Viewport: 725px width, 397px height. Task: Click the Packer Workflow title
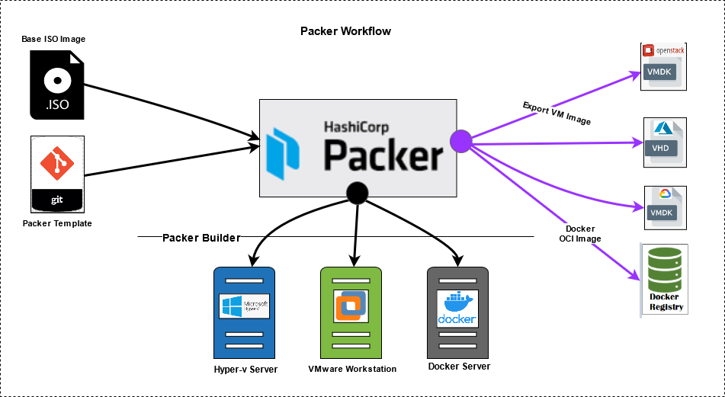[345, 31]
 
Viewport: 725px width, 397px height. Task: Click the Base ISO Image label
[53, 38]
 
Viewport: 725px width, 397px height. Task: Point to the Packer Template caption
[57, 223]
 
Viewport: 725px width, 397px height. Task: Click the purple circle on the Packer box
[461, 140]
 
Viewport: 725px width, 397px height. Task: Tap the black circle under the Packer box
[358, 193]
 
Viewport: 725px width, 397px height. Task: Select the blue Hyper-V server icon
[244, 312]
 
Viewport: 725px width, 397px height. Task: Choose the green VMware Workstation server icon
[351, 312]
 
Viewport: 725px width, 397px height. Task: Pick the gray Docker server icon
[457, 312]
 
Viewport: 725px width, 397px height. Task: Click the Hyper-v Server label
[245, 370]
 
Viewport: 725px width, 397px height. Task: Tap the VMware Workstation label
[352, 370]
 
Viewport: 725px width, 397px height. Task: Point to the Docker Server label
[459, 367]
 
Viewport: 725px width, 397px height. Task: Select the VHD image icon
[664, 142]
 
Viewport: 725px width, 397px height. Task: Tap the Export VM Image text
[557, 113]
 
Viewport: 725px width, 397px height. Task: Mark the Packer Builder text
[201, 238]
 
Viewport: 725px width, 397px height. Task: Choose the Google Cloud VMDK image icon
[664, 207]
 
